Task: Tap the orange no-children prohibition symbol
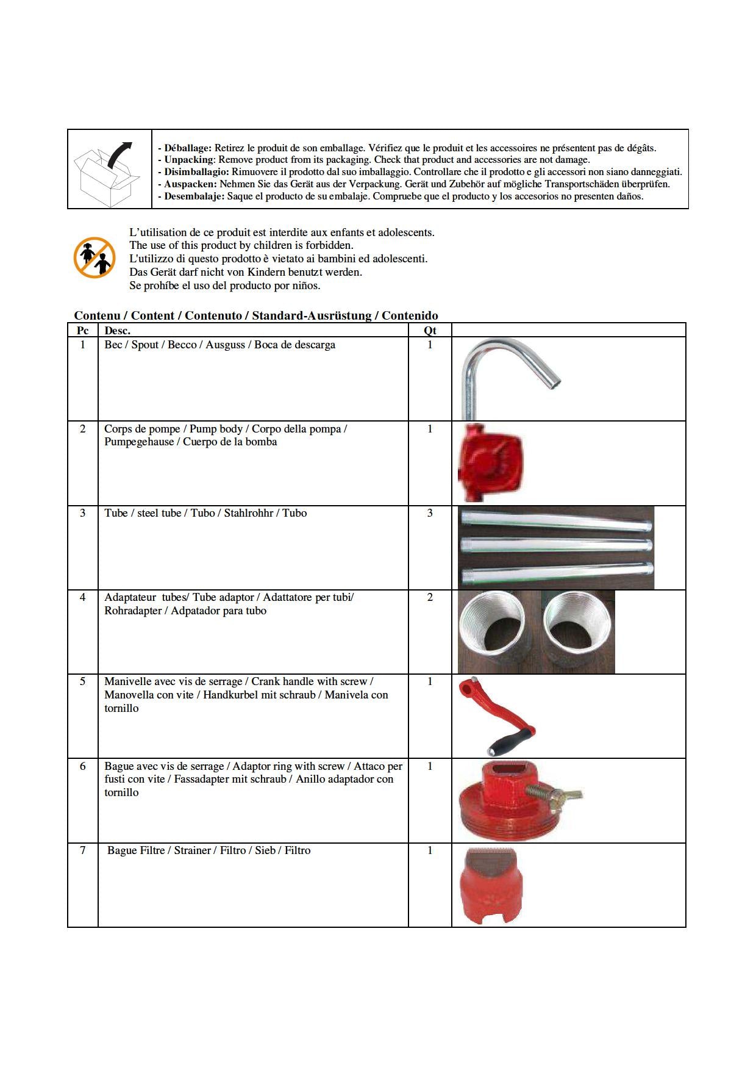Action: point(94,257)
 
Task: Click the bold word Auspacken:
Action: point(190,184)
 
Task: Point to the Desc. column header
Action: point(117,331)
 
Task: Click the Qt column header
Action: point(430,331)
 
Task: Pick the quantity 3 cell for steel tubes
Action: point(430,513)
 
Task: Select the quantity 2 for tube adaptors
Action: point(430,597)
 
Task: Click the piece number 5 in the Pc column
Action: point(83,681)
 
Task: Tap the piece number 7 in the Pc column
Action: point(83,850)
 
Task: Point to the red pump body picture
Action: point(491,463)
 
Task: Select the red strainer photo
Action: point(490,885)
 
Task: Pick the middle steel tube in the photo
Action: point(556,544)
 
